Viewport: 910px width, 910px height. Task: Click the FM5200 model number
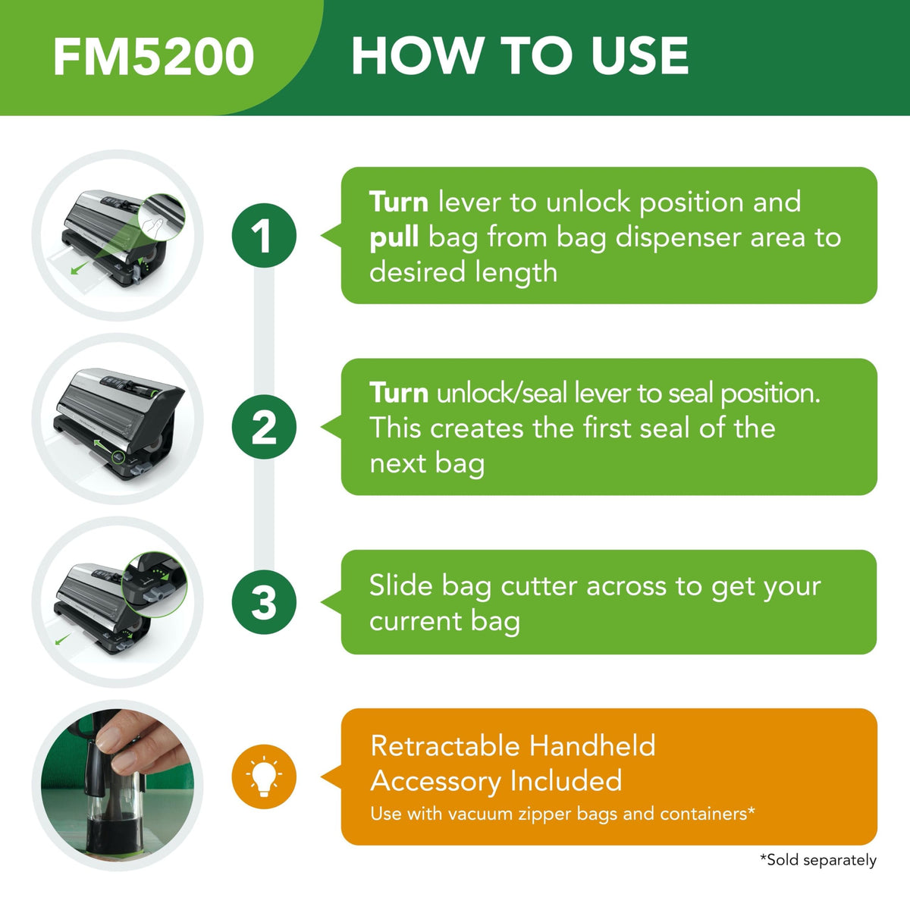154,56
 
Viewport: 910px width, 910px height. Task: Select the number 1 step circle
264,236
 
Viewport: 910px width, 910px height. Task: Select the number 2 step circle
264,427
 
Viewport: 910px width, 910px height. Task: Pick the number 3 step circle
264,601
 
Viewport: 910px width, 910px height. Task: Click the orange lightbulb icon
264,777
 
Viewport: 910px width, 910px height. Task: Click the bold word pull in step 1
394,238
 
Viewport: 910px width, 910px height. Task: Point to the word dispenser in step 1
678,238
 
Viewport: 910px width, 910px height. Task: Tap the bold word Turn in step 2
399,392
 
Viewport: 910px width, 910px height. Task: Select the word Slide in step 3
400,586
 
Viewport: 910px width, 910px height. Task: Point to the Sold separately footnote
818,859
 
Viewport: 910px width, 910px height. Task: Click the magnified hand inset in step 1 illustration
162,217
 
